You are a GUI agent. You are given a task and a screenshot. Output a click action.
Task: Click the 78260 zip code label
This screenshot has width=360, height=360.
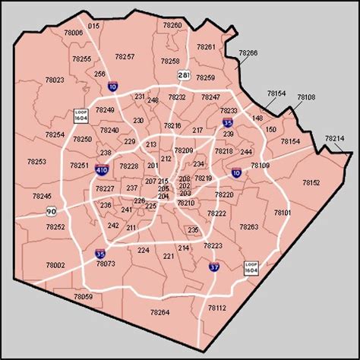(172, 25)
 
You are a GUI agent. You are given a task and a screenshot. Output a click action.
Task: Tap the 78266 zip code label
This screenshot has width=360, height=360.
(248, 52)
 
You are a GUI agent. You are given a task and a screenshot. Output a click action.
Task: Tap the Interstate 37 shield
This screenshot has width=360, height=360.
(215, 267)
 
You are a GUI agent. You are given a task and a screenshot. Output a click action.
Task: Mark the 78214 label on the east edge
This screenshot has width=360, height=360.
(334, 138)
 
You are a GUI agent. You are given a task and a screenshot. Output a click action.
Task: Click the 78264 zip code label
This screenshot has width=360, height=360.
(159, 312)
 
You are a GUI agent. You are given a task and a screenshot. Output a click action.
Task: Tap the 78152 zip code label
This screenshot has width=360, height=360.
(311, 182)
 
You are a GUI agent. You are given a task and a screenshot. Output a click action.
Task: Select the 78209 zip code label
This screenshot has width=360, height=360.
(183, 150)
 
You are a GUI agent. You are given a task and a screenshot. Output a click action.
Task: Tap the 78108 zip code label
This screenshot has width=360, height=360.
(305, 97)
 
